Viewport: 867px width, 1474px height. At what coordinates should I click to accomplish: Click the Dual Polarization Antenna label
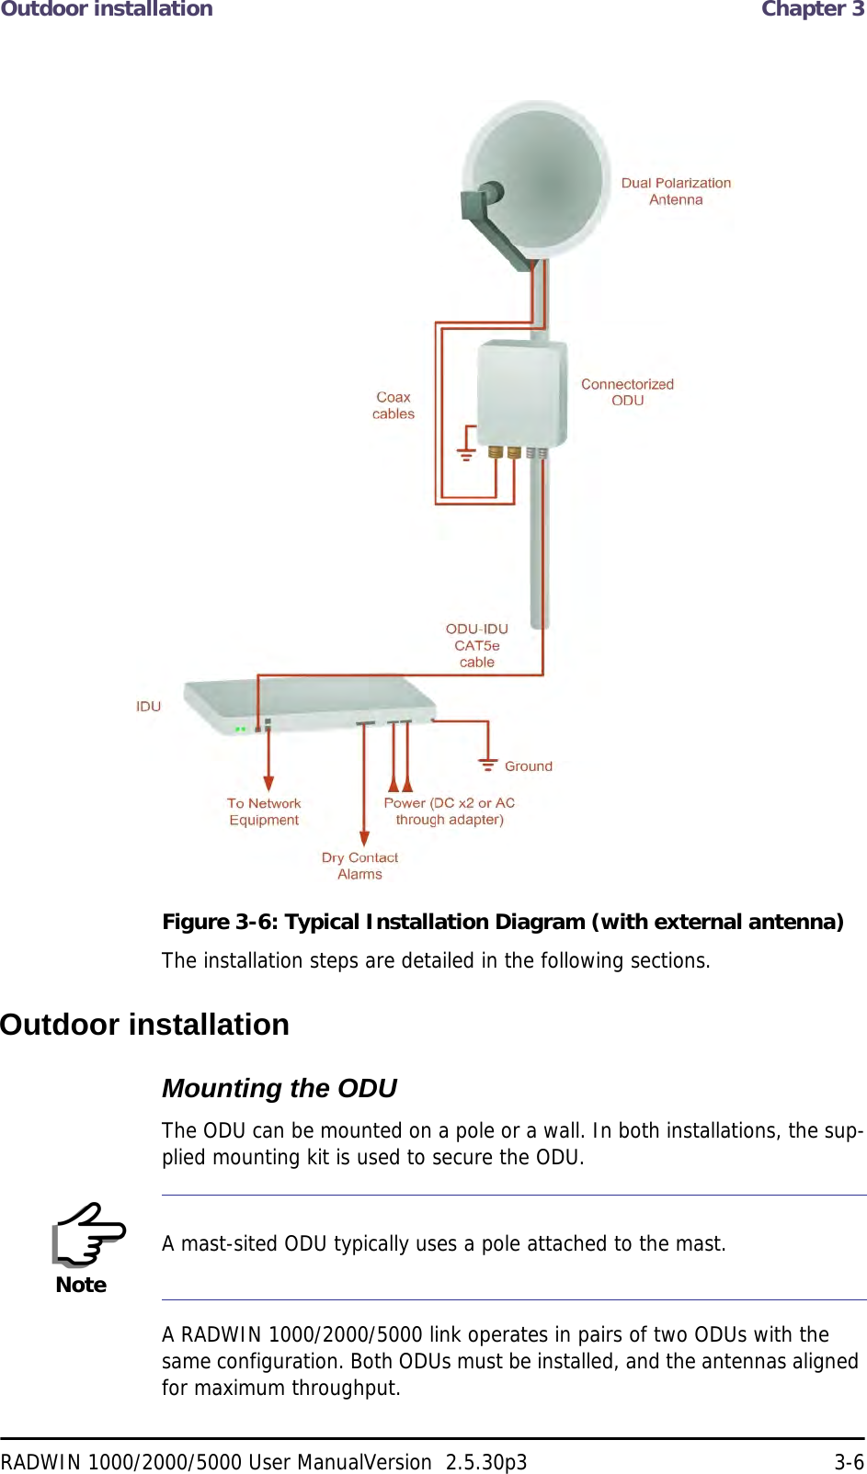tap(676, 191)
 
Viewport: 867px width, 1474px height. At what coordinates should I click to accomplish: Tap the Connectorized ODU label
tap(627, 392)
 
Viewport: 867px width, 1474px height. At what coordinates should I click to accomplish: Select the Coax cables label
tap(394, 405)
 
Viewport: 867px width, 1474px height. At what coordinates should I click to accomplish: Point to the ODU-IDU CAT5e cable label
tap(477, 645)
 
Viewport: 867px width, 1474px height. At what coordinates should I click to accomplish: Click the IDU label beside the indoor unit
tap(148, 706)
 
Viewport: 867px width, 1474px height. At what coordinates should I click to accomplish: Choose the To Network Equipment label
tap(264, 811)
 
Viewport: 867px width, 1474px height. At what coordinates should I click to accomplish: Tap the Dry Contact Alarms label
tap(359, 866)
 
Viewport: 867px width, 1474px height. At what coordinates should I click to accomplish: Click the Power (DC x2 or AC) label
tap(450, 811)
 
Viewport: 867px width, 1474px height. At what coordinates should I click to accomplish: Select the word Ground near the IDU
tap(529, 765)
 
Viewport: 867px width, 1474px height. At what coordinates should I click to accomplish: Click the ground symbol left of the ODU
tap(466, 453)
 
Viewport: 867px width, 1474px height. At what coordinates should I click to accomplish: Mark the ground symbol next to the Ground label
tap(487, 764)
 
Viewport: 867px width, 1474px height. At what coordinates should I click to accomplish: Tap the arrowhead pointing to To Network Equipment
tap(268, 783)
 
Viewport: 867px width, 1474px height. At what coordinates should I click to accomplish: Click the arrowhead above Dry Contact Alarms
tap(365, 838)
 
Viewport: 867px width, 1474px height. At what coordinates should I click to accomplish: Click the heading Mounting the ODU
tap(279, 1088)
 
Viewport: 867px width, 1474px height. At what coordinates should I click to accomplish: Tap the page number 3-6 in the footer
tap(849, 1462)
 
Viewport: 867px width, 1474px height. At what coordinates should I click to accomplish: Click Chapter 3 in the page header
tap(812, 9)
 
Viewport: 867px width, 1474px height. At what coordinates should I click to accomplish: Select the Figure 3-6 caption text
tap(502, 922)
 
